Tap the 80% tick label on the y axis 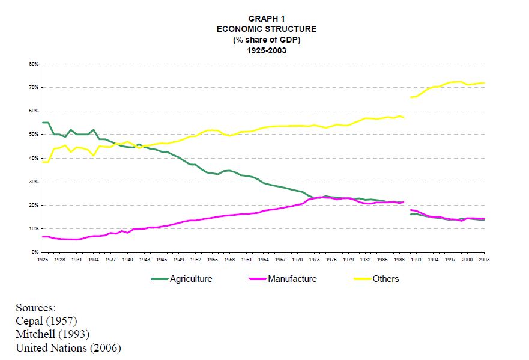(x=34, y=64)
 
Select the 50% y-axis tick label (x=34, y=135)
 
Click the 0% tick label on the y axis (x=35, y=252)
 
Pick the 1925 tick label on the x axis (x=43, y=259)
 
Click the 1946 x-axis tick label (x=162, y=259)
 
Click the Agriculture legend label (x=191, y=279)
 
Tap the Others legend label (x=386, y=279)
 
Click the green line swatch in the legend (x=159, y=279)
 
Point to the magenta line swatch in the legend (x=257, y=279)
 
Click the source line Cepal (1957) (x=46, y=320)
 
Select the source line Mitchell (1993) (x=52, y=334)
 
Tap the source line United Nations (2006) (x=68, y=348)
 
